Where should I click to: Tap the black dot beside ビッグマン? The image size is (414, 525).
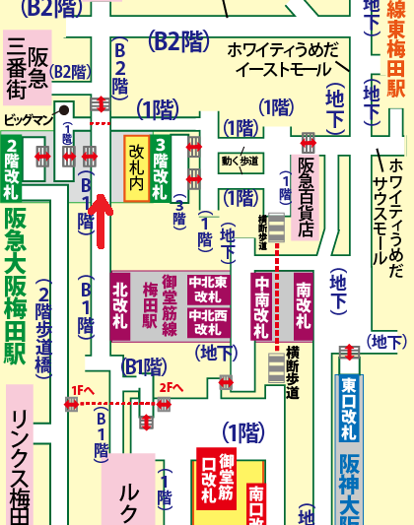pyautogui.click(x=63, y=110)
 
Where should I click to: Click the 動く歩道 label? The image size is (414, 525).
pyautogui.click(x=241, y=160)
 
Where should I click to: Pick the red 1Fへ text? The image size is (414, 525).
pyautogui.click(x=82, y=391)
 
